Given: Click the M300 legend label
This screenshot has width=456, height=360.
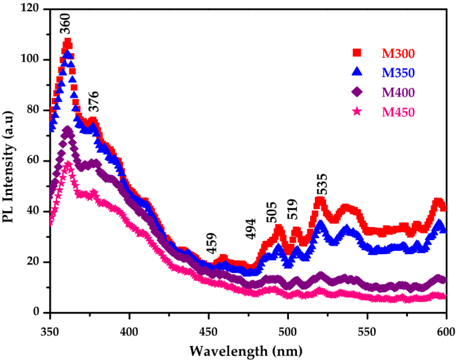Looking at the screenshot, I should click(398, 53).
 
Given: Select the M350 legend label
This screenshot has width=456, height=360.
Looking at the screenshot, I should click(398, 73).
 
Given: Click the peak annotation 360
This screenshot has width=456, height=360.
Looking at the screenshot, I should click(65, 23).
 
